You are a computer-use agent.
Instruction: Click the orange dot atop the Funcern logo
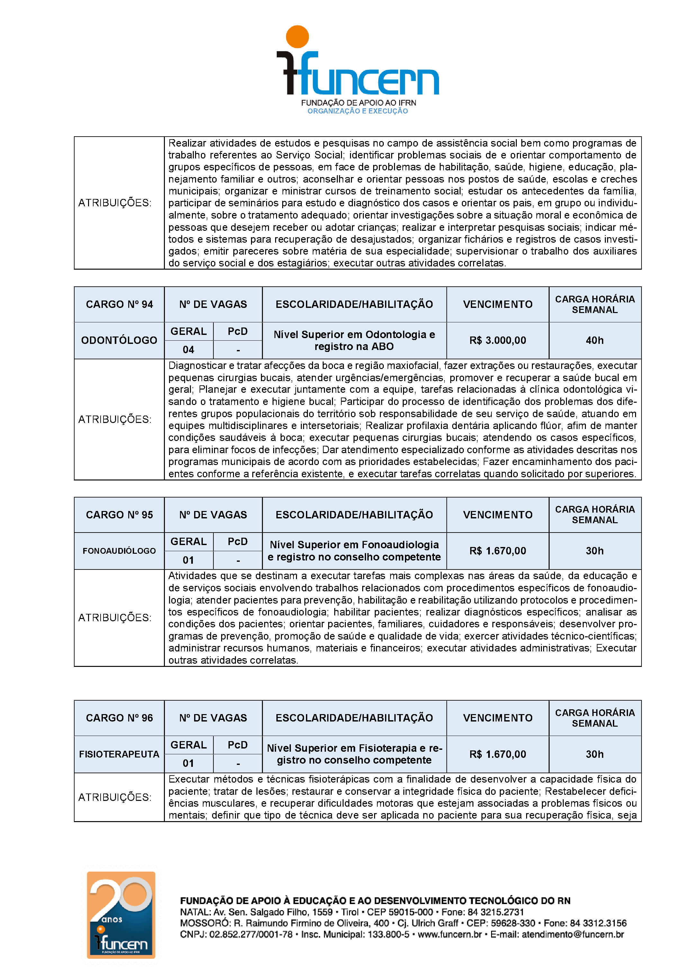(x=297, y=37)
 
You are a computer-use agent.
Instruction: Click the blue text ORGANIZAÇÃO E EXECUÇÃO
(x=357, y=112)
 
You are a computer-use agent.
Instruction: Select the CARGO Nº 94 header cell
(x=119, y=304)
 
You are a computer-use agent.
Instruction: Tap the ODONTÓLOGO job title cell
(x=119, y=340)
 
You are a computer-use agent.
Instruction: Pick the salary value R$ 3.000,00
(x=498, y=340)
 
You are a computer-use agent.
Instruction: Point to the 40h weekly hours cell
(x=594, y=340)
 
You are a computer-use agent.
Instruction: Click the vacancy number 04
(x=188, y=350)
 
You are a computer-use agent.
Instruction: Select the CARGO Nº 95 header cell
(x=119, y=515)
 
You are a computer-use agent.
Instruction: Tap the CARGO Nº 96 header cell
(x=119, y=718)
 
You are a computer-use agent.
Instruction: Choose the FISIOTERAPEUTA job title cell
(x=119, y=754)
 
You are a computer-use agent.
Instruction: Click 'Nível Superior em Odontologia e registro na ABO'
(x=354, y=340)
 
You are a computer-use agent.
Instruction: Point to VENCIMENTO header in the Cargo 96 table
(x=498, y=718)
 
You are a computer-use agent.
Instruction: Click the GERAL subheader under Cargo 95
(x=188, y=542)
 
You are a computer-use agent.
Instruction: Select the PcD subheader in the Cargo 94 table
(x=238, y=331)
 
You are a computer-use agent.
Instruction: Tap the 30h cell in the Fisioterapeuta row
(x=594, y=754)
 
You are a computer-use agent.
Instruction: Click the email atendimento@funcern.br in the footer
(x=573, y=935)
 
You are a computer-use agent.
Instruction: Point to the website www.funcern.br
(x=449, y=935)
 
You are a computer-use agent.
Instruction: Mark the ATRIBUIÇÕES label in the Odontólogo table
(x=115, y=420)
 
